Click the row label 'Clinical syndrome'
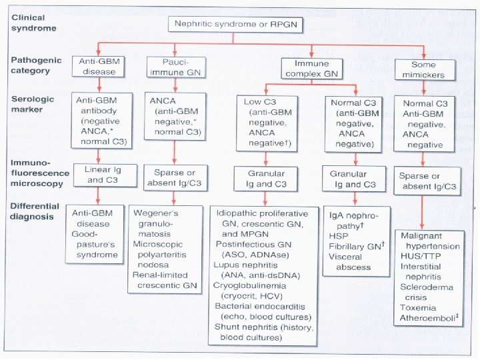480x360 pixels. (33, 23)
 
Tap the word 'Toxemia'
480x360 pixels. (417, 307)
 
